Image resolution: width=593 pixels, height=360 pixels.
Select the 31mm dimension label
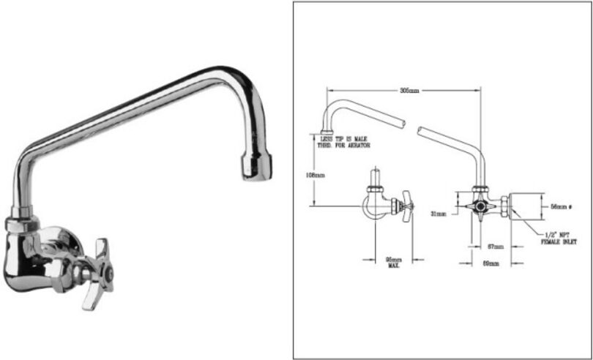440,214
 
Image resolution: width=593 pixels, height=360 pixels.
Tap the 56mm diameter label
562,207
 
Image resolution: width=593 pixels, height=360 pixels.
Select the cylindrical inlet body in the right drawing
525,206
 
